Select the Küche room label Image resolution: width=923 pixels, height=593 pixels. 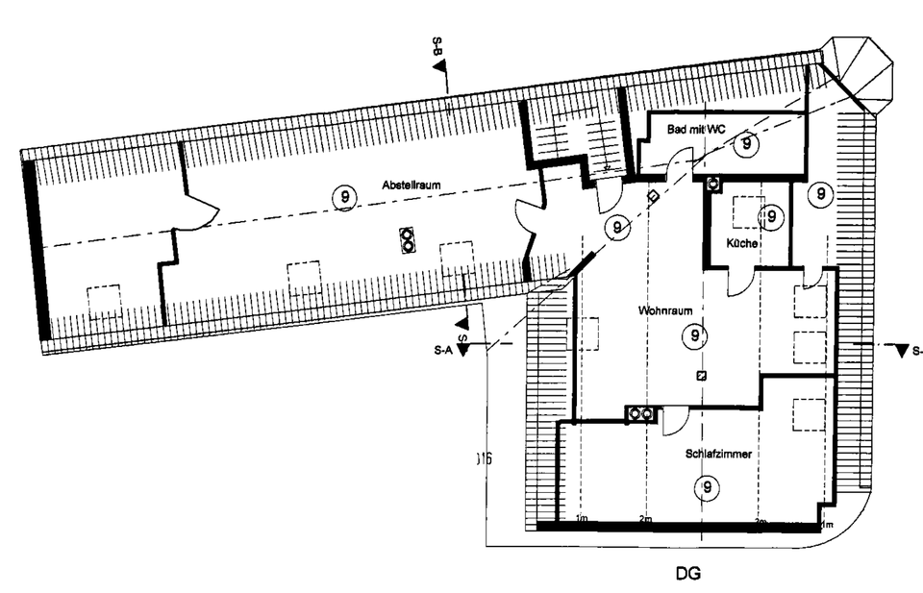coord(742,244)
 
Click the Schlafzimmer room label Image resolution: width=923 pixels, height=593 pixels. coord(718,453)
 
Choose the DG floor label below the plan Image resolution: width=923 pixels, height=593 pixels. coord(687,574)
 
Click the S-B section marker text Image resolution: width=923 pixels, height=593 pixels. coord(438,46)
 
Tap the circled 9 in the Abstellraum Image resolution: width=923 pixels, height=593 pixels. coord(344,197)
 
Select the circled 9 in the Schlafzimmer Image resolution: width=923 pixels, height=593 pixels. coord(708,487)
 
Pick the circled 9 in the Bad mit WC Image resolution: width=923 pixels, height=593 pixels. coord(744,145)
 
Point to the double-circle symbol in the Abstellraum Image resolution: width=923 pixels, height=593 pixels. coord(408,239)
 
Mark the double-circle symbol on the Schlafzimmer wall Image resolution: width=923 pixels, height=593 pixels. coord(639,414)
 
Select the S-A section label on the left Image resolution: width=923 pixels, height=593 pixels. coord(443,352)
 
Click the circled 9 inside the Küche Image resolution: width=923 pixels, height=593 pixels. coord(769,217)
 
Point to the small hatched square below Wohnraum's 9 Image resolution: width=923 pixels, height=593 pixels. coord(701,376)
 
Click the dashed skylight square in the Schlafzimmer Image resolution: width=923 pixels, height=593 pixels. coord(806,414)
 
